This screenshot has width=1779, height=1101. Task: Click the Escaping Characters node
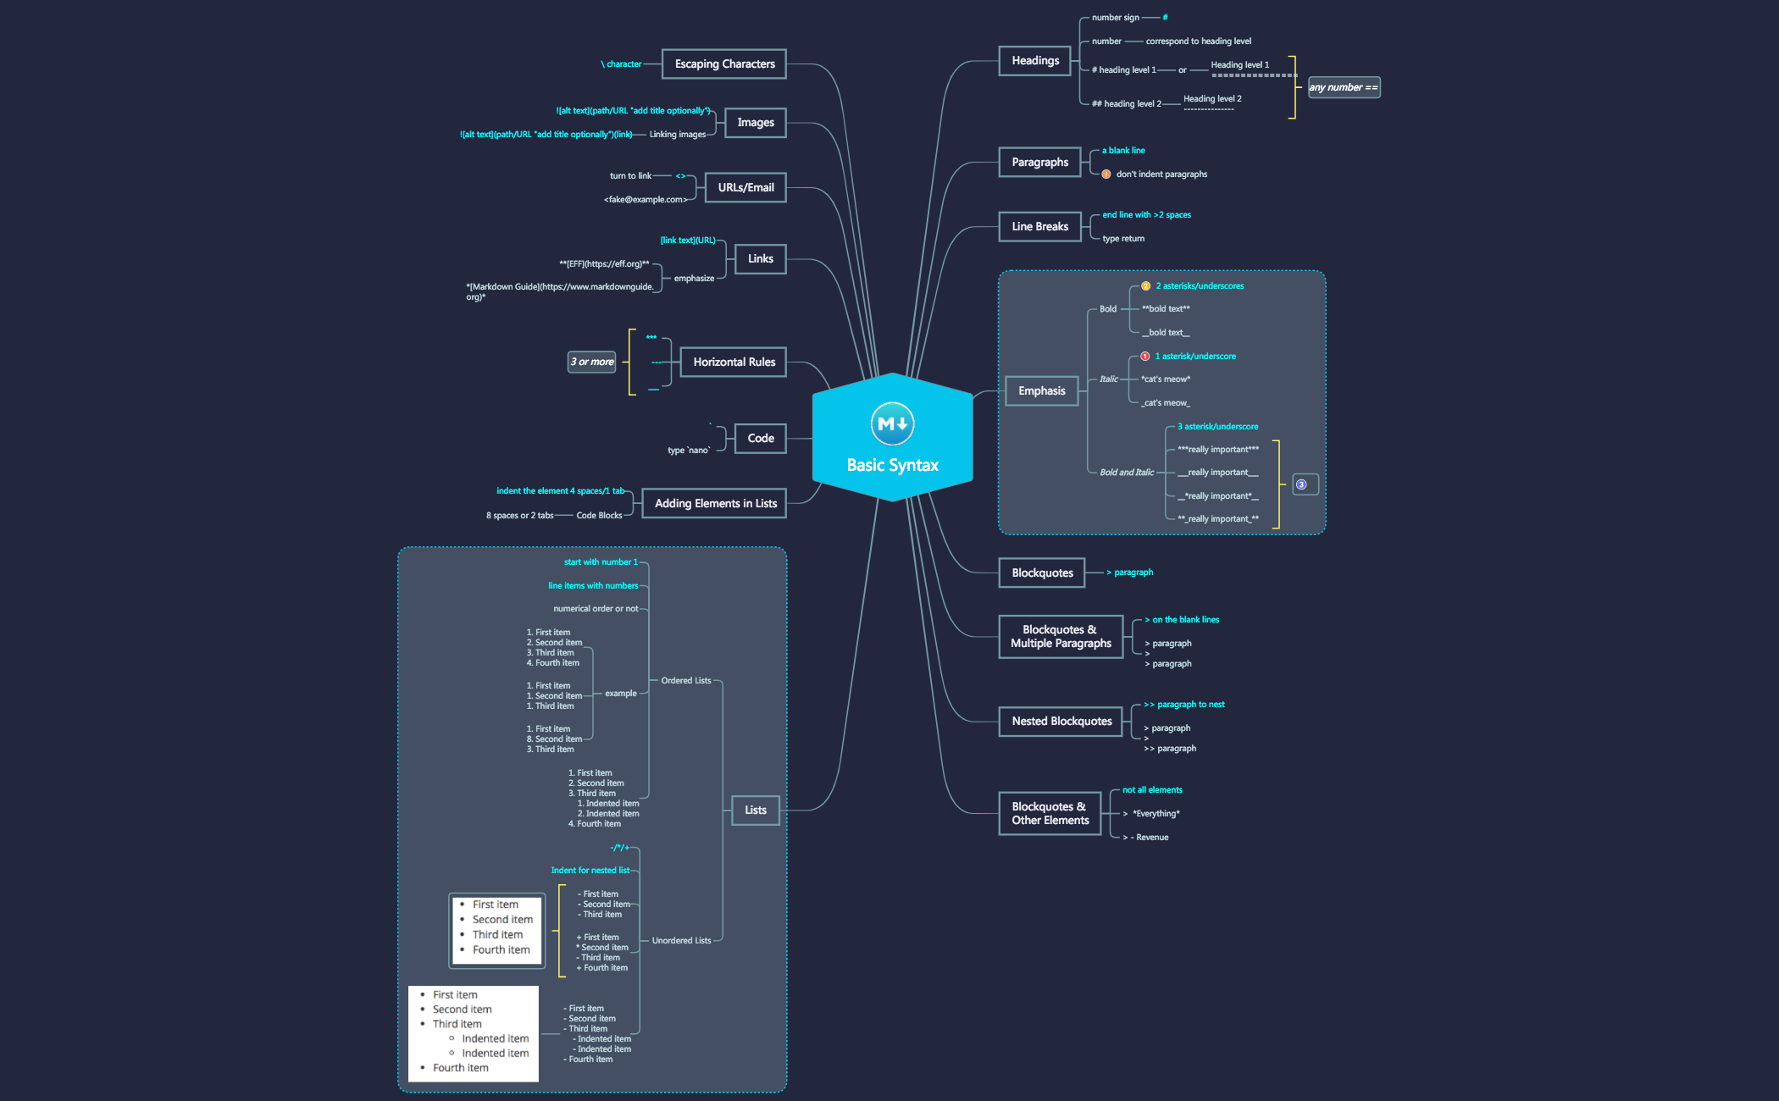click(724, 64)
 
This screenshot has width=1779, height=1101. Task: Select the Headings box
click(1035, 61)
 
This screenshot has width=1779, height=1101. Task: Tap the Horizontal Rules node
click(734, 362)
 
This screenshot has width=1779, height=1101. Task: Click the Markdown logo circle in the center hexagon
click(892, 423)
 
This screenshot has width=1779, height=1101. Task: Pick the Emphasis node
click(1042, 391)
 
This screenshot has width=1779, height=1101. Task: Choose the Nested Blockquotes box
click(1061, 722)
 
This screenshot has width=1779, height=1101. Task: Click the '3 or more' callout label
click(592, 362)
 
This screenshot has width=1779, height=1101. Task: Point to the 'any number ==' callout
click(1344, 87)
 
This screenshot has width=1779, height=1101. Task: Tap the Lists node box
click(756, 811)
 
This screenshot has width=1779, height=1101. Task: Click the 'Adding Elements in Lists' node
click(715, 504)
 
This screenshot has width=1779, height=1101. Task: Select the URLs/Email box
click(745, 188)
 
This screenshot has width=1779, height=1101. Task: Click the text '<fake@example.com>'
click(646, 200)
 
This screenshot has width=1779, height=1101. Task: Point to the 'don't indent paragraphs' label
click(1161, 174)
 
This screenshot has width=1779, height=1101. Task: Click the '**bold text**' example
click(1166, 309)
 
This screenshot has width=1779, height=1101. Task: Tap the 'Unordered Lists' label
click(681, 941)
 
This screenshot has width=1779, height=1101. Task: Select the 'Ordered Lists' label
click(686, 681)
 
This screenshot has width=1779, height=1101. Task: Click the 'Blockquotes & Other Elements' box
click(1050, 814)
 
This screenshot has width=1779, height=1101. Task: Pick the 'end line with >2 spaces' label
click(1146, 215)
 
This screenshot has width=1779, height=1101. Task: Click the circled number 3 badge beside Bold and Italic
click(1301, 485)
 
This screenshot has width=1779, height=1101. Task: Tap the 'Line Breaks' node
click(1040, 227)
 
